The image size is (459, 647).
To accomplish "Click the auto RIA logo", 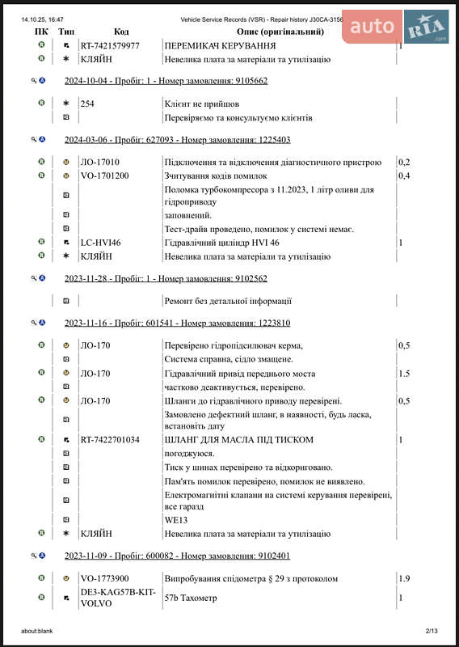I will (396, 27).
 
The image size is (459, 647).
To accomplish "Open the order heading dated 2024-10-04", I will (166, 81).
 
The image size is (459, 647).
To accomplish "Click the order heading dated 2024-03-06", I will (177, 140).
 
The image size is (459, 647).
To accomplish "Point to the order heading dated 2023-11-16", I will (177, 323).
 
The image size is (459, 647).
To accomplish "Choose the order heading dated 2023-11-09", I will (177, 556).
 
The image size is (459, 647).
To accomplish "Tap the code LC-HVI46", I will (100, 243).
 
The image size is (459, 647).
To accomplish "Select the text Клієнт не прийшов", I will (202, 104).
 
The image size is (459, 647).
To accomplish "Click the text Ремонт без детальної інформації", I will (228, 302).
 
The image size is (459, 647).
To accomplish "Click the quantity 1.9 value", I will (404, 579).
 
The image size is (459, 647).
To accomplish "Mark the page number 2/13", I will (431, 631).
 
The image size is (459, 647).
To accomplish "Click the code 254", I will (87, 104).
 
